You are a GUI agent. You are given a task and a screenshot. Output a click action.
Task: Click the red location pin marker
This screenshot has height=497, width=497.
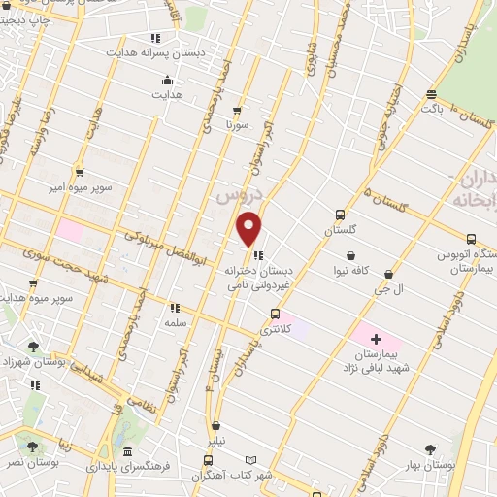pos(249,228)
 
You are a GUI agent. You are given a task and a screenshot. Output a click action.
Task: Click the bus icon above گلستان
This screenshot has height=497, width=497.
pos(340,215)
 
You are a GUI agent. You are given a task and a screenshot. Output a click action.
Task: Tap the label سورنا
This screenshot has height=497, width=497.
pos(238,125)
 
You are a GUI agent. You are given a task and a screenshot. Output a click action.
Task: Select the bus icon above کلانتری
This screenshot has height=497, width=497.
pos(276,314)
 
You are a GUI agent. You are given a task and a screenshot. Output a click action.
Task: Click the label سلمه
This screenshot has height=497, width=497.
pos(175,322)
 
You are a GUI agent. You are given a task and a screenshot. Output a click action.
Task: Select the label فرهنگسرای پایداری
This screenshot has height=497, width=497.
pos(127,466)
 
